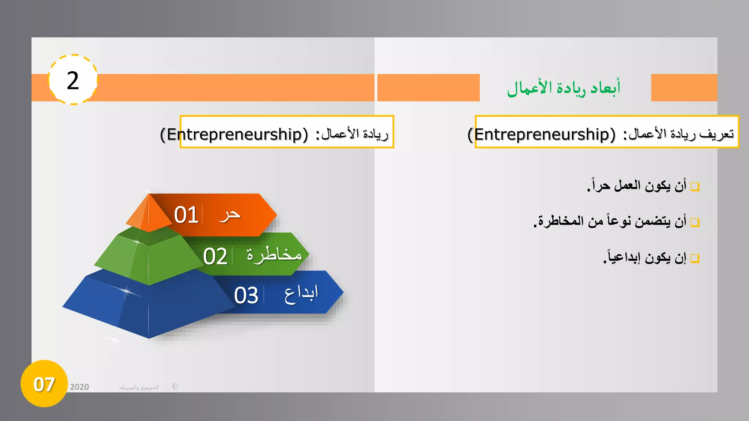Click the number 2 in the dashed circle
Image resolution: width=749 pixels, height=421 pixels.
73,80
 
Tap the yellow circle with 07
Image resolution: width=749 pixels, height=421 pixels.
44,384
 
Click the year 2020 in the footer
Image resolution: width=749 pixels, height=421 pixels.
79,387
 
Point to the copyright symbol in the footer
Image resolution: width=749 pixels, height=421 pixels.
175,386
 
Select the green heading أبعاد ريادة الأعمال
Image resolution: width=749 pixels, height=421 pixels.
564,88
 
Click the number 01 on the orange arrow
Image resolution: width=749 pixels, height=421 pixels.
186,215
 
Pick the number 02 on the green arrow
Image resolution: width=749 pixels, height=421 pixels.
215,256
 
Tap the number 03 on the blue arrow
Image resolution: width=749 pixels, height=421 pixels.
246,295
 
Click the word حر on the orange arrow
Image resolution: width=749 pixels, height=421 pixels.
230,215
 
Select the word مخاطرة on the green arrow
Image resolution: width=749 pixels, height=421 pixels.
274,254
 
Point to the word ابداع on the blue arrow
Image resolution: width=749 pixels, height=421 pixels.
301,294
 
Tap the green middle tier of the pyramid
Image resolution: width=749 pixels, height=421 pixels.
146,258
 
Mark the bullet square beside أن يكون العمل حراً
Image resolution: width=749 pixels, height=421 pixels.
695,187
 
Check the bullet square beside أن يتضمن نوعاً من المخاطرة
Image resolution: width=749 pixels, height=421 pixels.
695,222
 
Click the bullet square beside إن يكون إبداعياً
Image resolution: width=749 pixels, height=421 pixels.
695,258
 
